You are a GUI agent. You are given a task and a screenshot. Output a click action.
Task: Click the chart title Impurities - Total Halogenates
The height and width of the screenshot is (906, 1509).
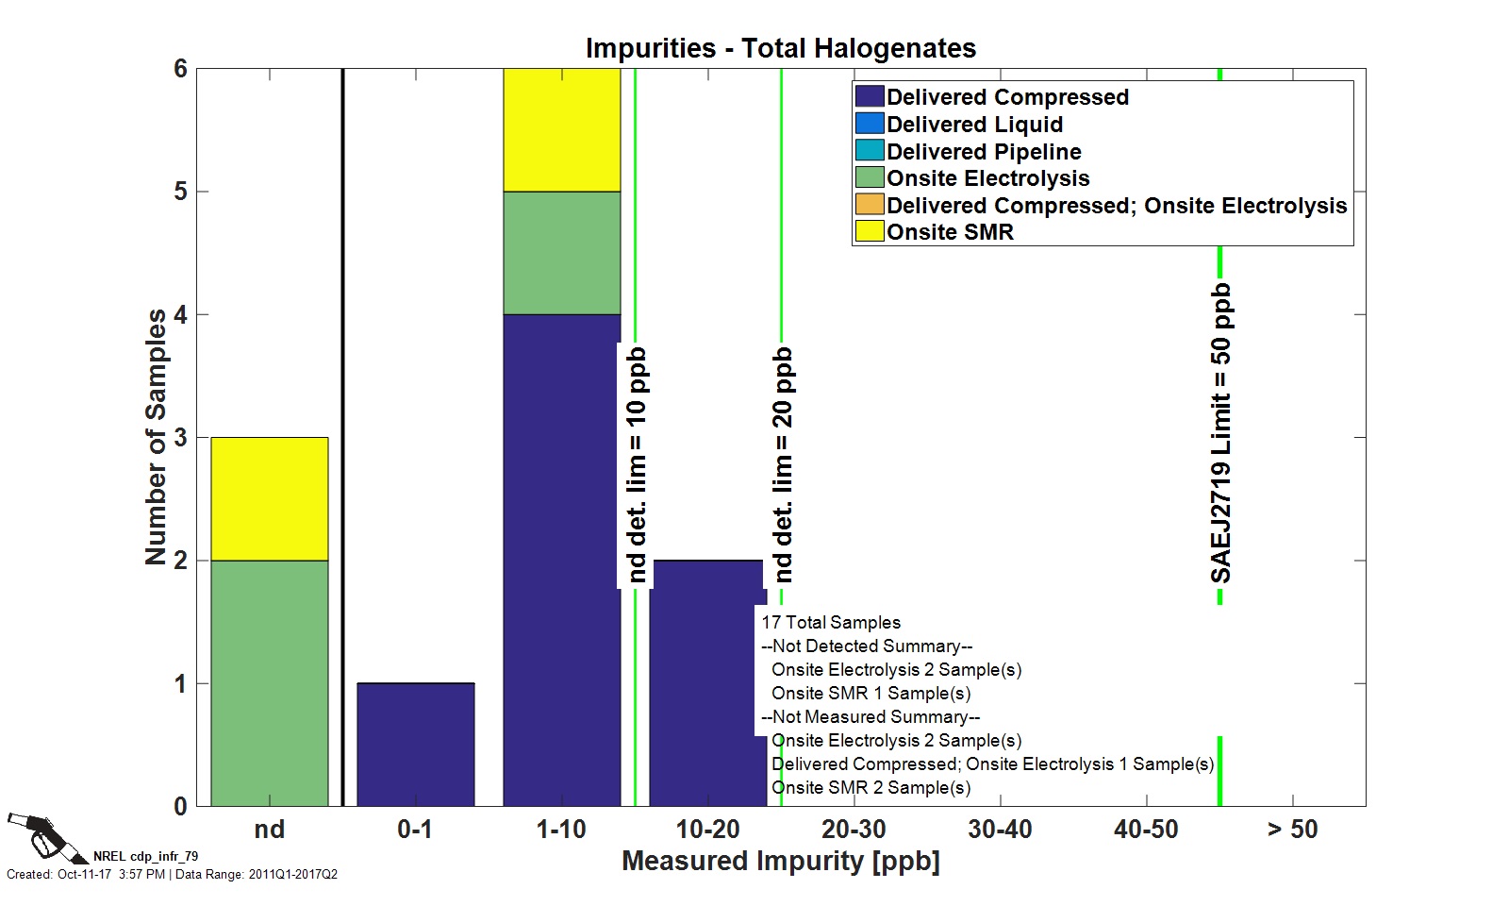pos(780,48)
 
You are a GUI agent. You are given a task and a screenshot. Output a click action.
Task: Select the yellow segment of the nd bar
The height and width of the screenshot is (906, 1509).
pos(270,498)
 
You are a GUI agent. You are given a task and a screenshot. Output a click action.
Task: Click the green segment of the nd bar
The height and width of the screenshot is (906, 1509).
pos(270,682)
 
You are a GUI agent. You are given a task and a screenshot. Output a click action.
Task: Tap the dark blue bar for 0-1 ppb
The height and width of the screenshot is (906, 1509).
pos(415,744)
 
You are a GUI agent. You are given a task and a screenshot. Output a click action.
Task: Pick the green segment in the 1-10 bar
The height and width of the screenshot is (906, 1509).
pos(561,253)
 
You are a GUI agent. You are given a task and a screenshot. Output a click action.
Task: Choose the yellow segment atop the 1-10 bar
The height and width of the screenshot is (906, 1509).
pos(561,130)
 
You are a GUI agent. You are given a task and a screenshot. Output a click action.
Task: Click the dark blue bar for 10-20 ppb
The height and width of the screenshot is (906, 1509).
pos(707,682)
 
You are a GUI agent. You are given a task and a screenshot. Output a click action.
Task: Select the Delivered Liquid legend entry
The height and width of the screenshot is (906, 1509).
pos(974,125)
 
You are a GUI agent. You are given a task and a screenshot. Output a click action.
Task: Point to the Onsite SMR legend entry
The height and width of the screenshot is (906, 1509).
pos(950,232)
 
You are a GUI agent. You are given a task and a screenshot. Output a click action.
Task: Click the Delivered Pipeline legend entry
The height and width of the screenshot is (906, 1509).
pos(984,152)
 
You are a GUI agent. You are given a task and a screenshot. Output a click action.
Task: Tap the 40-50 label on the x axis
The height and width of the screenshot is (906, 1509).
pos(1146,830)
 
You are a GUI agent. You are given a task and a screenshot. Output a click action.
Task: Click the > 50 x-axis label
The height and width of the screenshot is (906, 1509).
pos(1292,830)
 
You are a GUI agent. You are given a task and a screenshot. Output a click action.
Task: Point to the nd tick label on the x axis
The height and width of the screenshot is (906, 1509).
pos(270,830)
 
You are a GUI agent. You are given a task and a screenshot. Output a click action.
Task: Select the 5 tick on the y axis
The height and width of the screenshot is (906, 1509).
pos(180,192)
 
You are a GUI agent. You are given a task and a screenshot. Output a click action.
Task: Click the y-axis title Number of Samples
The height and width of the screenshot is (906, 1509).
pos(156,437)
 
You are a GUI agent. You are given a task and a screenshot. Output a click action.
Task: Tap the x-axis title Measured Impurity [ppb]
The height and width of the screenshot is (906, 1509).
pos(780,861)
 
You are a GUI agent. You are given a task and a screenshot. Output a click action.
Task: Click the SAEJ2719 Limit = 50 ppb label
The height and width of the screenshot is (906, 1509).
pos(1221,433)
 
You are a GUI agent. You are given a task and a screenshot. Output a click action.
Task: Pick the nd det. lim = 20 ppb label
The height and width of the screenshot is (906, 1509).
pos(783,465)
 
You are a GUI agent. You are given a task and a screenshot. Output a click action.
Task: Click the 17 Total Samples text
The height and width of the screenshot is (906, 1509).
pos(831,622)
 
